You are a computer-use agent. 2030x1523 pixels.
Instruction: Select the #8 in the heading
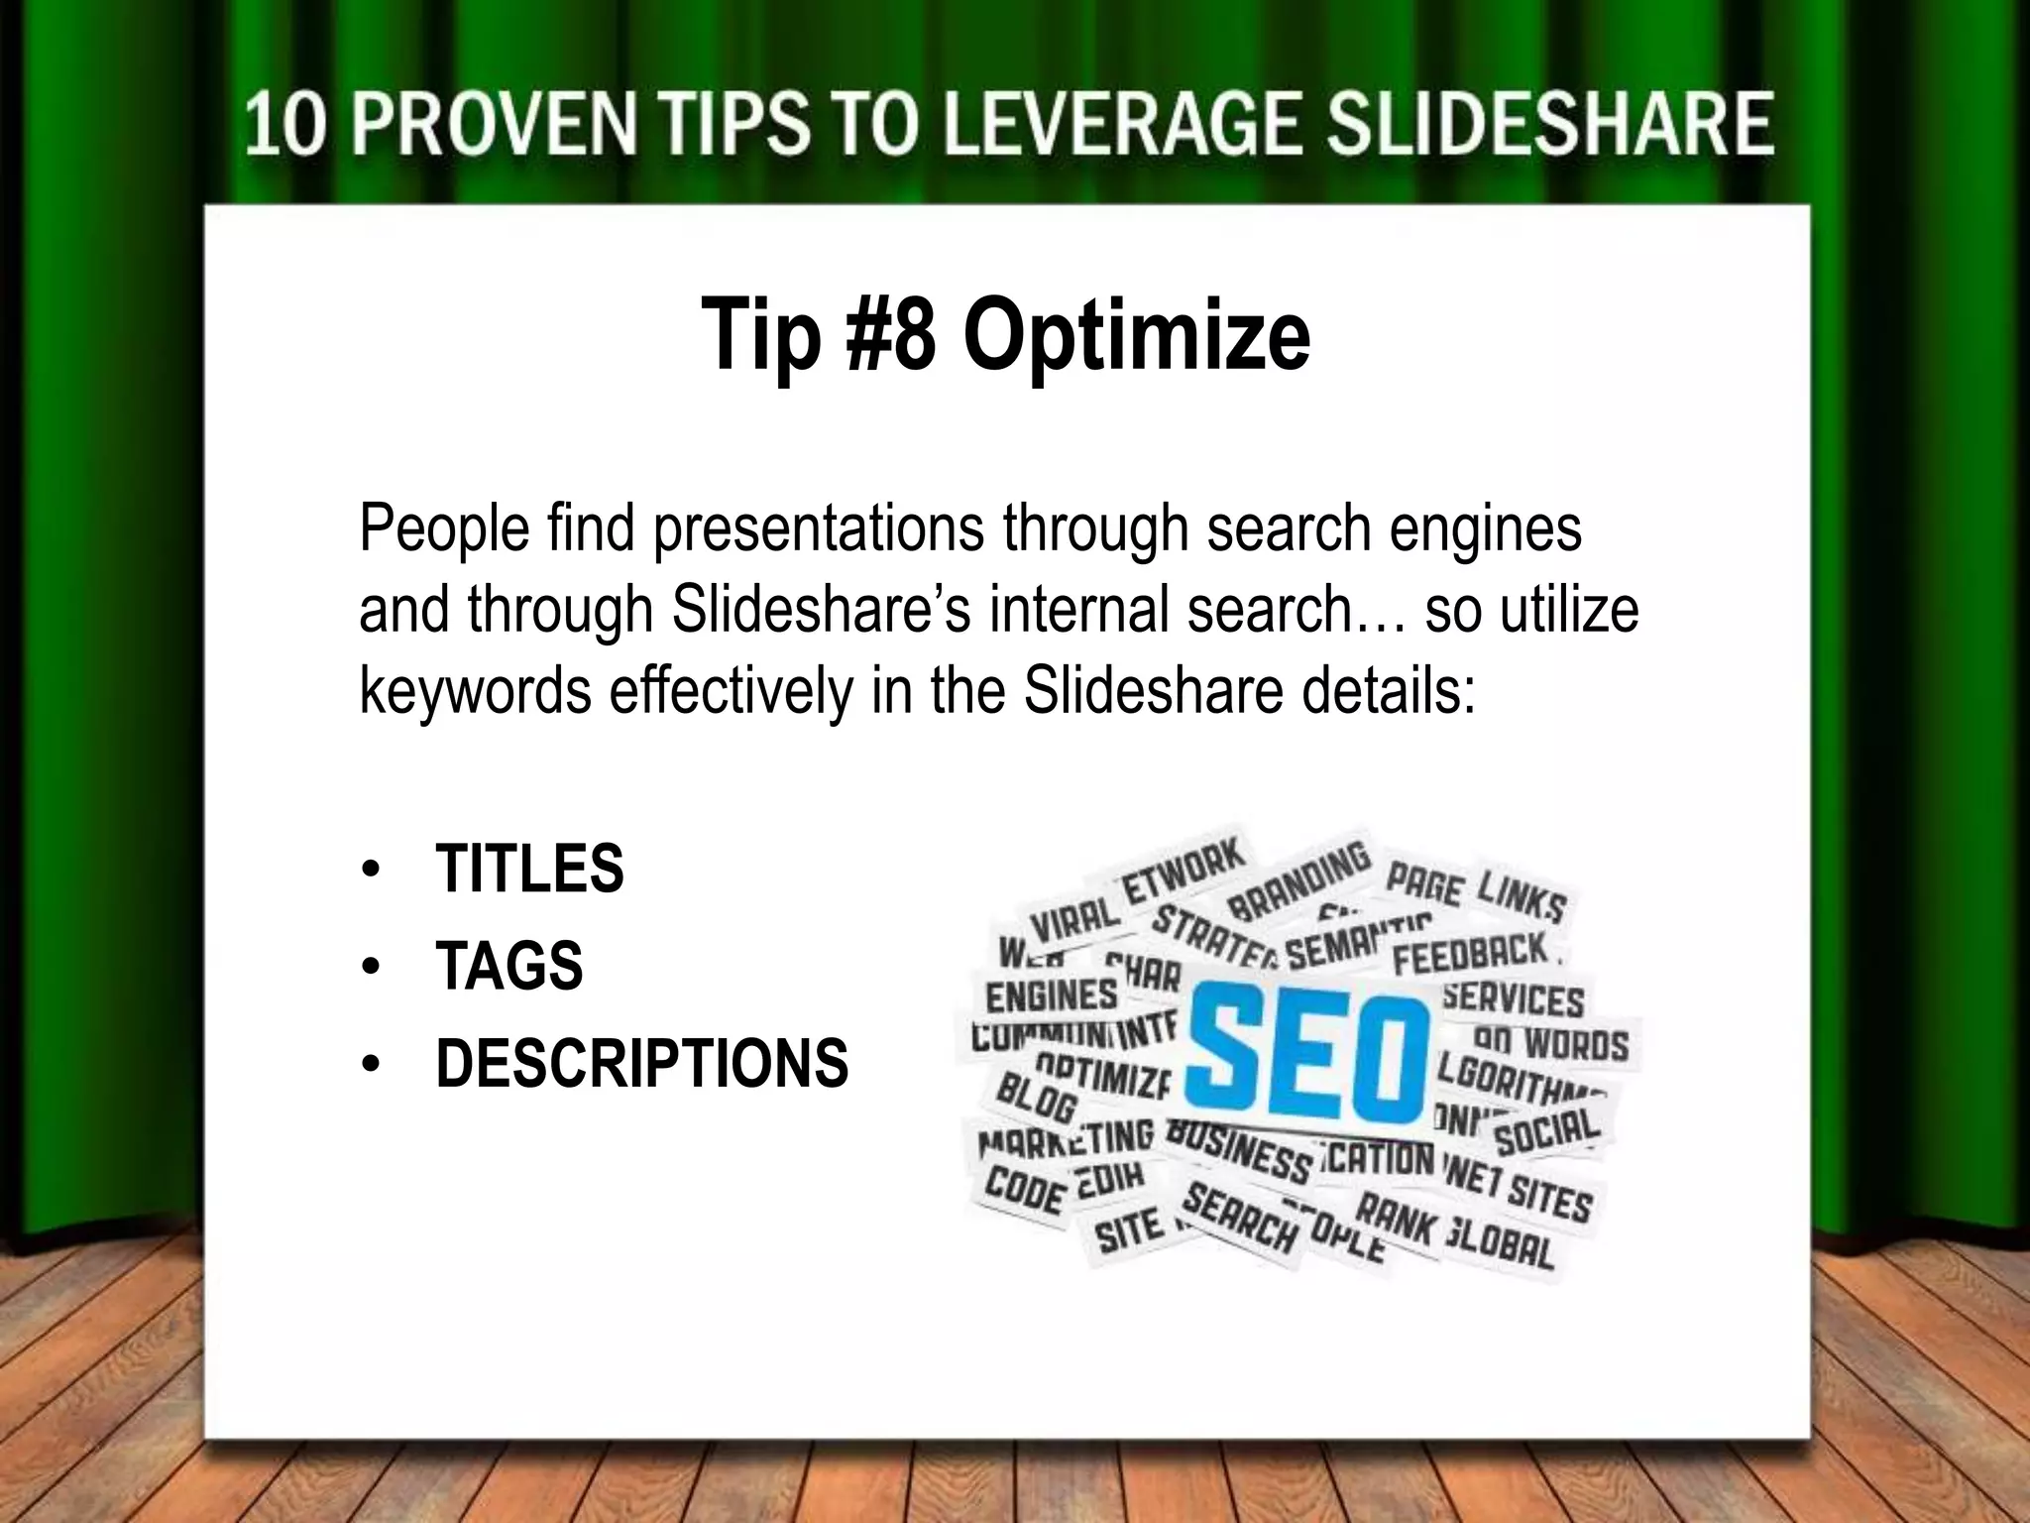(889, 335)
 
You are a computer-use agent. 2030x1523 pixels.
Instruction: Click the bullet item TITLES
(529, 869)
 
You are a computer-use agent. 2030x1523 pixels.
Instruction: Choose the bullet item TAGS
(508, 966)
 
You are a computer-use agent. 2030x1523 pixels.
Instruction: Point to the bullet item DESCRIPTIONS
(641, 1063)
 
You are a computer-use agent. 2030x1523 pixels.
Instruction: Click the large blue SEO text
(1306, 1054)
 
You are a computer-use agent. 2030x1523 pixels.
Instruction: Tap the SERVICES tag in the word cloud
(1513, 999)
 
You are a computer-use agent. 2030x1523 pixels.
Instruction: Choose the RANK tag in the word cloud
(1394, 1221)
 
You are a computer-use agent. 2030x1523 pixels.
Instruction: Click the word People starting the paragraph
(444, 527)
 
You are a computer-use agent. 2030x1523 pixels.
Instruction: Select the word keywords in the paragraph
(475, 690)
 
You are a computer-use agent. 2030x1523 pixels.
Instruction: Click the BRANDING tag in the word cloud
(1298, 879)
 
